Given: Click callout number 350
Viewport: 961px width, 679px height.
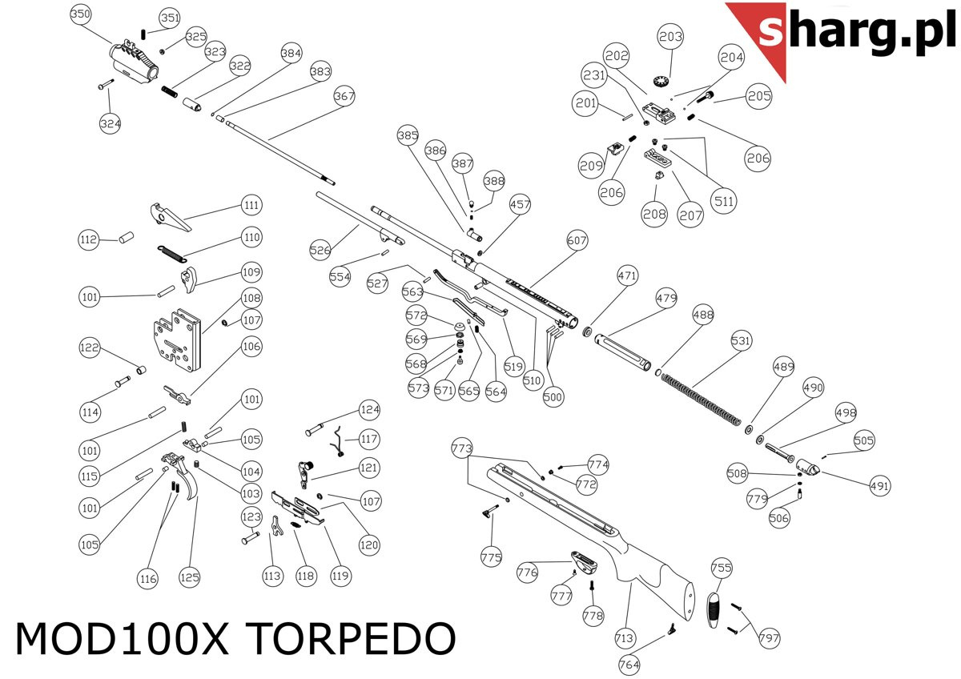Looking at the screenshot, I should coord(81,14).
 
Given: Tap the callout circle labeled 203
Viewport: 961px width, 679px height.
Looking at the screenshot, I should coord(670,36).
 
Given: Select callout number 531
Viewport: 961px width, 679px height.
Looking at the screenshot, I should coord(742,341).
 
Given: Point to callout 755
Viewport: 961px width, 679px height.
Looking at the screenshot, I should coord(722,569).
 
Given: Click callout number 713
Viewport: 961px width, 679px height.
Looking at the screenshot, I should coord(625,638).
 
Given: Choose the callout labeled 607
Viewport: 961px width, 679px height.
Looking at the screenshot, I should coord(577,240).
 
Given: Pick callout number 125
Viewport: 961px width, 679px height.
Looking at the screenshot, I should coord(190,576).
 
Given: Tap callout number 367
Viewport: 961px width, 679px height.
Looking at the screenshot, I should coord(344,97).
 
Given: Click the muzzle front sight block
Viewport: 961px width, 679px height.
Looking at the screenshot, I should coord(132,61).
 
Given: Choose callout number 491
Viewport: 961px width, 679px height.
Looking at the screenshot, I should coord(879,485).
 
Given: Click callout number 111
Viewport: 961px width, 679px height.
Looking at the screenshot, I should coord(251,206).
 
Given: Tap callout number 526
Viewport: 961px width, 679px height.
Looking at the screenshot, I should coord(320,251).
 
